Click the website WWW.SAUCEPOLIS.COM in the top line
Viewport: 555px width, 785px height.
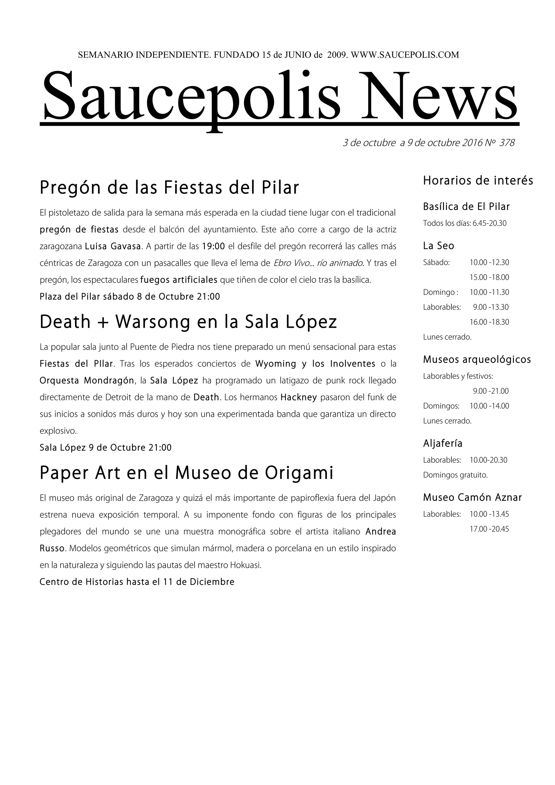tap(405, 55)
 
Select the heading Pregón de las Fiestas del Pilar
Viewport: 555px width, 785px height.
tap(169, 188)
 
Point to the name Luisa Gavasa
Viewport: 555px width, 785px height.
tap(113, 246)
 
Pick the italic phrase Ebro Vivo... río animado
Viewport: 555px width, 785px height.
tap(318, 263)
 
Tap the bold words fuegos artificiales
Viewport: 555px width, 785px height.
tap(179, 280)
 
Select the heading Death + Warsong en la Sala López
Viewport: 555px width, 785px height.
tap(188, 322)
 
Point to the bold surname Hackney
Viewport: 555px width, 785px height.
tap(299, 397)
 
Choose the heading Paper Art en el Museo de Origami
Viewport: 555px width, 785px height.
tap(186, 473)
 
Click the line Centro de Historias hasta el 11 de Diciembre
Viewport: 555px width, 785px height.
tap(137, 582)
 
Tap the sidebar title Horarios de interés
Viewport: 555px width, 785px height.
tap(478, 180)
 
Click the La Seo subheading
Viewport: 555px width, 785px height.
tap(438, 246)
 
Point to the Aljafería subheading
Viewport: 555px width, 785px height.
tap(443, 443)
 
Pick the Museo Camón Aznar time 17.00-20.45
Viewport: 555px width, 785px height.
tap(489, 529)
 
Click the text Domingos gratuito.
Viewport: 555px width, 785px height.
tap(455, 475)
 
